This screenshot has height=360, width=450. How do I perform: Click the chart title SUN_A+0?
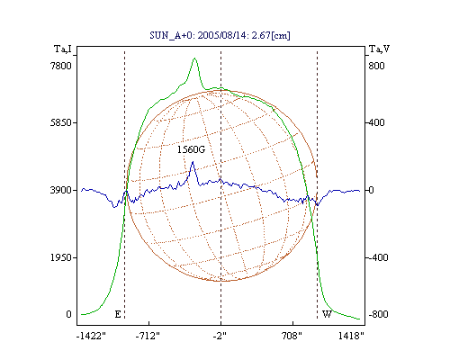[x=170, y=35]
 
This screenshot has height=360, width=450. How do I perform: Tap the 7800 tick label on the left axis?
[x=61, y=66]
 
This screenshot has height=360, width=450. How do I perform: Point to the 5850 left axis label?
[x=61, y=122]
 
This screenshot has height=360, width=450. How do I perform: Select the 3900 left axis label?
[x=61, y=190]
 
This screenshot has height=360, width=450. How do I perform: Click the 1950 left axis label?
[x=61, y=257]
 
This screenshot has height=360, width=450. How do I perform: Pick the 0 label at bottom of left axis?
[x=68, y=314]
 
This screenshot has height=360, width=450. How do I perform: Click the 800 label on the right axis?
[x=377, y=66]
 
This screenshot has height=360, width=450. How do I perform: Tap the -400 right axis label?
[x=378, y=257]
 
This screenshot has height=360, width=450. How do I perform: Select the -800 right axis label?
[x=378, y=314]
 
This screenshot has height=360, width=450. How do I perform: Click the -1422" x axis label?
[x=91, y=336]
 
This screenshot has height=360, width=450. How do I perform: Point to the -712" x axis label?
[x=148, y=336]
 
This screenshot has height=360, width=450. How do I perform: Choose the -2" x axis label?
[x=220, y=336]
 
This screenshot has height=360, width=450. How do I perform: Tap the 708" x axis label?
[x=292, y=336]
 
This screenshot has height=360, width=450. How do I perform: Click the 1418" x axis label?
[x=351, y=336]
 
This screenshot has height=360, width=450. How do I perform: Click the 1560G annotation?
[x=191, y=149]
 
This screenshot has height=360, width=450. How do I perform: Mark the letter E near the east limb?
[x=118, y=314]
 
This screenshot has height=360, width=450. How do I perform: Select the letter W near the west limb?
[x=327, y=314]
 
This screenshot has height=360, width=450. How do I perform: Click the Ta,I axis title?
[x=63, y=49]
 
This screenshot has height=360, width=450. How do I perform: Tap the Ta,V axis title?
[x=380, y=49]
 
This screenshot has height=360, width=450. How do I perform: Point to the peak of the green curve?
[x=194, y=58]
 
